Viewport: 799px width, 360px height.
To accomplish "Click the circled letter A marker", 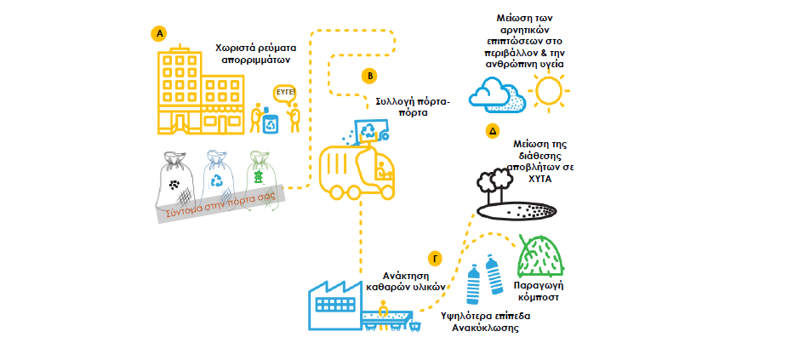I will click(x=158, y=33).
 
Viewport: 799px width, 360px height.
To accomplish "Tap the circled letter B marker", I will click(x=370, y=76).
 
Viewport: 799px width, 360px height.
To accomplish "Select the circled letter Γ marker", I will click(x=435, y=258).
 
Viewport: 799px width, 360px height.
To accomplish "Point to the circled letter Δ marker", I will click(x=492, y=131).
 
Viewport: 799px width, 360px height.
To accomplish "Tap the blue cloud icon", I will click(x=499, y=93).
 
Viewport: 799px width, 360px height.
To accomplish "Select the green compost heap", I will click(x=542, y=257).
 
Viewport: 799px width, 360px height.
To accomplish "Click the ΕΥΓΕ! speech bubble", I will click(x=286, y=93).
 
